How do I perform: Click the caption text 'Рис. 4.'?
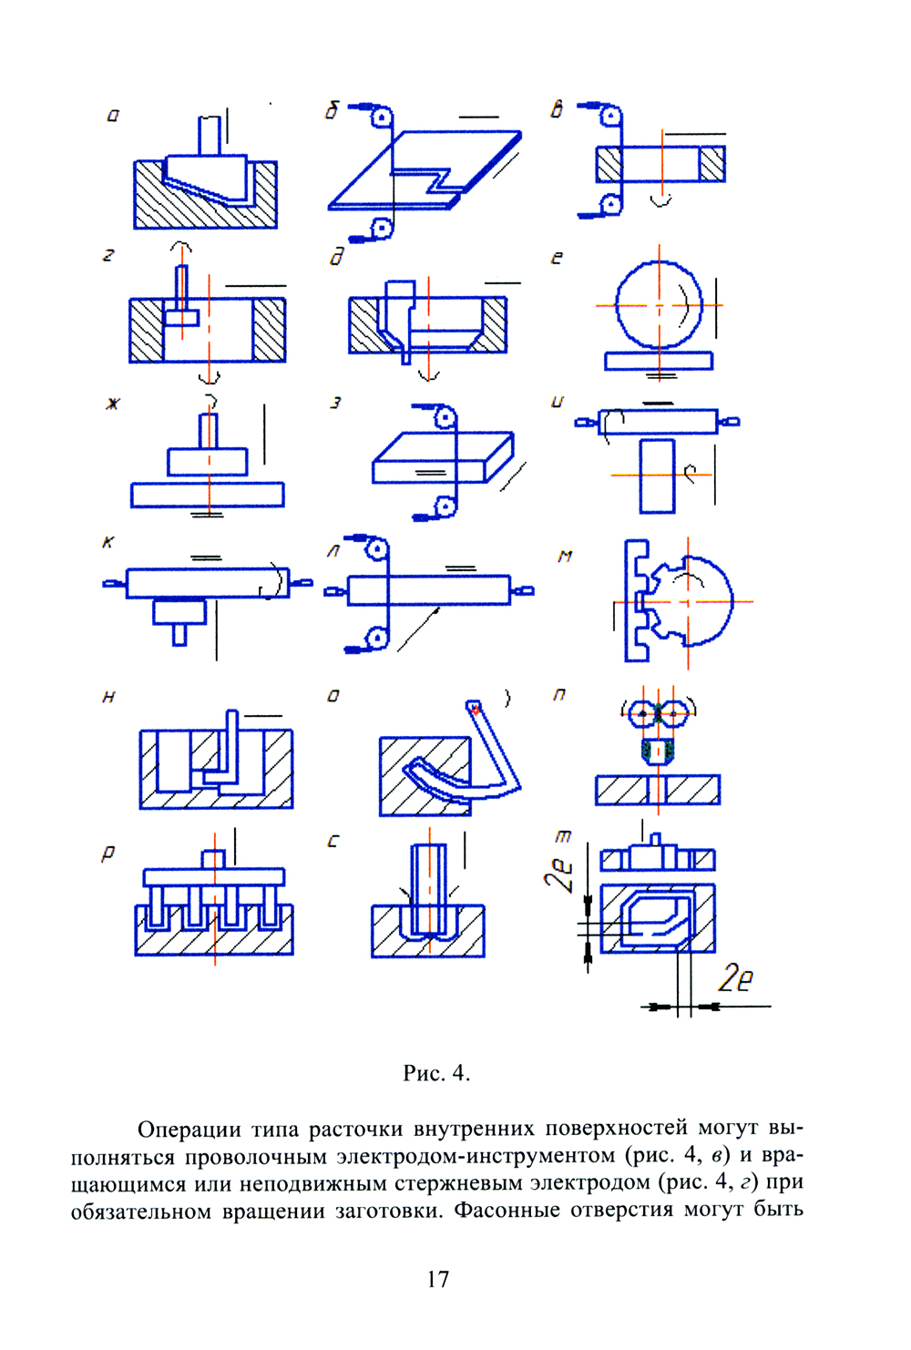(436, 1073)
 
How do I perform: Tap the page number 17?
(437, 1279)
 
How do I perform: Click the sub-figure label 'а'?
(113, 116)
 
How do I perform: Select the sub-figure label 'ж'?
(112, 404)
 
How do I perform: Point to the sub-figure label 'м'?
(565, 556)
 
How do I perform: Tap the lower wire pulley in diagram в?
(611, 203)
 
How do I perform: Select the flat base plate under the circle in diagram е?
(659, 362)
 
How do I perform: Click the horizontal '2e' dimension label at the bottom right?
(735, 978)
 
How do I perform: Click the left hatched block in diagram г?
(147, 330)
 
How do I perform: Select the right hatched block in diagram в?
(711, 164)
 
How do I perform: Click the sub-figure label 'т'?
(563, 835)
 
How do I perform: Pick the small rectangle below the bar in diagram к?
(179, 611)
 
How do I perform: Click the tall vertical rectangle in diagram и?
(657, 476)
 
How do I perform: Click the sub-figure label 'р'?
(108, 854)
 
